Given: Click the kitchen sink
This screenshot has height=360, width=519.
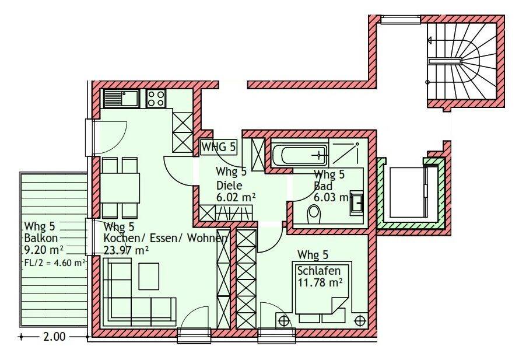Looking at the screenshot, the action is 121,99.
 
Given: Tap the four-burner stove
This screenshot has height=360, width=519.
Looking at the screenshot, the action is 156,99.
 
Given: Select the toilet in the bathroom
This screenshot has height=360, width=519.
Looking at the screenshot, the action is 314,215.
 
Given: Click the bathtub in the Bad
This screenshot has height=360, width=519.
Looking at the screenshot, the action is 300,155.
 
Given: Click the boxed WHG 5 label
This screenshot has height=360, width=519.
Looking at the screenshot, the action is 219,146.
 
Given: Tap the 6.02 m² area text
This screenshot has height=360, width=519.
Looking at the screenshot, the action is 236,198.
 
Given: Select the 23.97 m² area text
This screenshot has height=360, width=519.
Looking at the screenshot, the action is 126,250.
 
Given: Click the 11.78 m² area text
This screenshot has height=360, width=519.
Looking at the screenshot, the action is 320,283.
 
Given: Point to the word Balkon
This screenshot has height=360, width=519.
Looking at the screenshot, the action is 41,238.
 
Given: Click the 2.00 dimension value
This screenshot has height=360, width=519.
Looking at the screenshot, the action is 54,337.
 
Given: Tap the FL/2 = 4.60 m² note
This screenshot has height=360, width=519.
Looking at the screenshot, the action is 55,263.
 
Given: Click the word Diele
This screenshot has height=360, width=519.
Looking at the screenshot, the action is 229,185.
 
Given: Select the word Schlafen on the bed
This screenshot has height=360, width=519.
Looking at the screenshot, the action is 319,271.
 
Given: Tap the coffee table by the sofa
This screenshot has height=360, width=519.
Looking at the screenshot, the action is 149,276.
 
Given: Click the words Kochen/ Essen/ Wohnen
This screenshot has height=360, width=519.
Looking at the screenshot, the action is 166,238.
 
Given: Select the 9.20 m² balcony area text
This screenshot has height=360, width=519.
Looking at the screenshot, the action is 43,250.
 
